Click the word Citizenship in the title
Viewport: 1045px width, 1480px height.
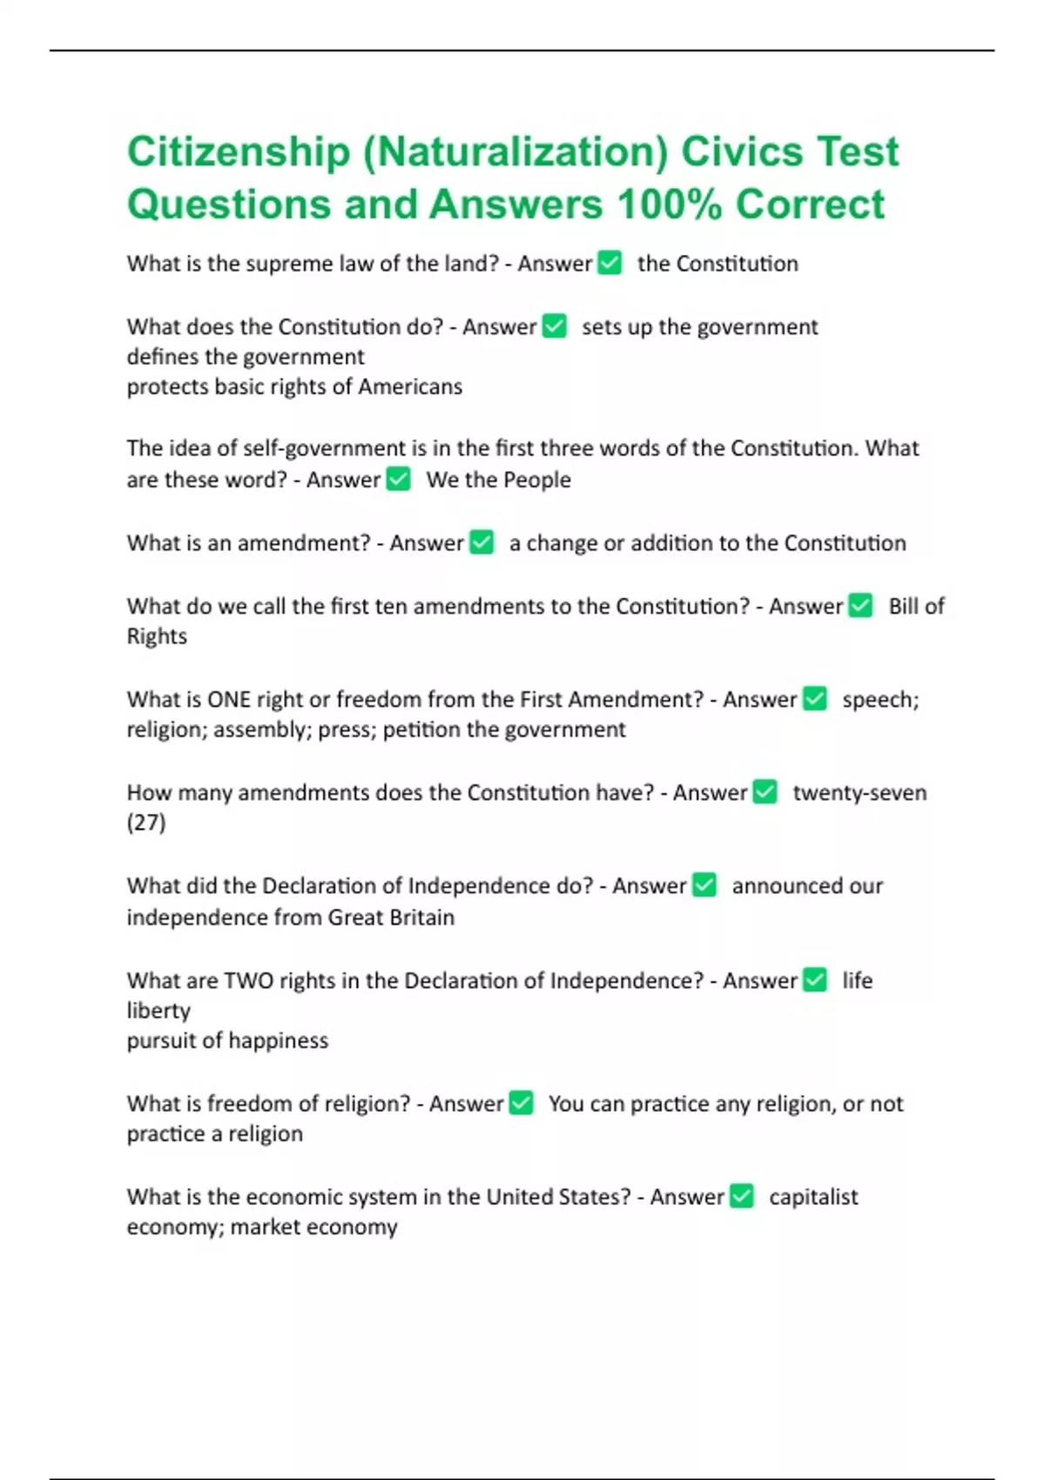pyautogui.click(x=238, y=152)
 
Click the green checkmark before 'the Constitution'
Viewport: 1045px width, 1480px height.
pyautogui.click(x=610, y=263)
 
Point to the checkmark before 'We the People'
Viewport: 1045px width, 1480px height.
pyautogui.click(x=398, y=479)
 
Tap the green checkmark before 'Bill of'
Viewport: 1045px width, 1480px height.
pyautogui.click(x=860, y=606)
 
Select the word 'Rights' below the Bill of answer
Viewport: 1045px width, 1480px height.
pyautogui.click(x=157, y=636)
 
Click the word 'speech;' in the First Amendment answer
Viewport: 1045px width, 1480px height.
pyautogui.click(x=880, y=700)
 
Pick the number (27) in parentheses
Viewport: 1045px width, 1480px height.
pyautogui.click(x=146, y=823)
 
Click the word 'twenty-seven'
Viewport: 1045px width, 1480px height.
pyautogui.click(x=859, y=793)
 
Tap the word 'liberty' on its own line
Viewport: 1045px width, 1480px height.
pyautogui.click(x=158, y=1011)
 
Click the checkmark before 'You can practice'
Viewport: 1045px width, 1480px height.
pyautogui.click(x=521, y=1103)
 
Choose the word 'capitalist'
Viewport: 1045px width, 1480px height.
pyautogui.click(x=812, y=1197)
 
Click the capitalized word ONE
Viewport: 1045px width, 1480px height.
pyautogui.click(x=228, y=700)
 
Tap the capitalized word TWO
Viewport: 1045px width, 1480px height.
pyautogui.click(x=249, y=981)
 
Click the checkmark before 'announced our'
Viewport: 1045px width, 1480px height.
pyautogui.click(x=704, y=885)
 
